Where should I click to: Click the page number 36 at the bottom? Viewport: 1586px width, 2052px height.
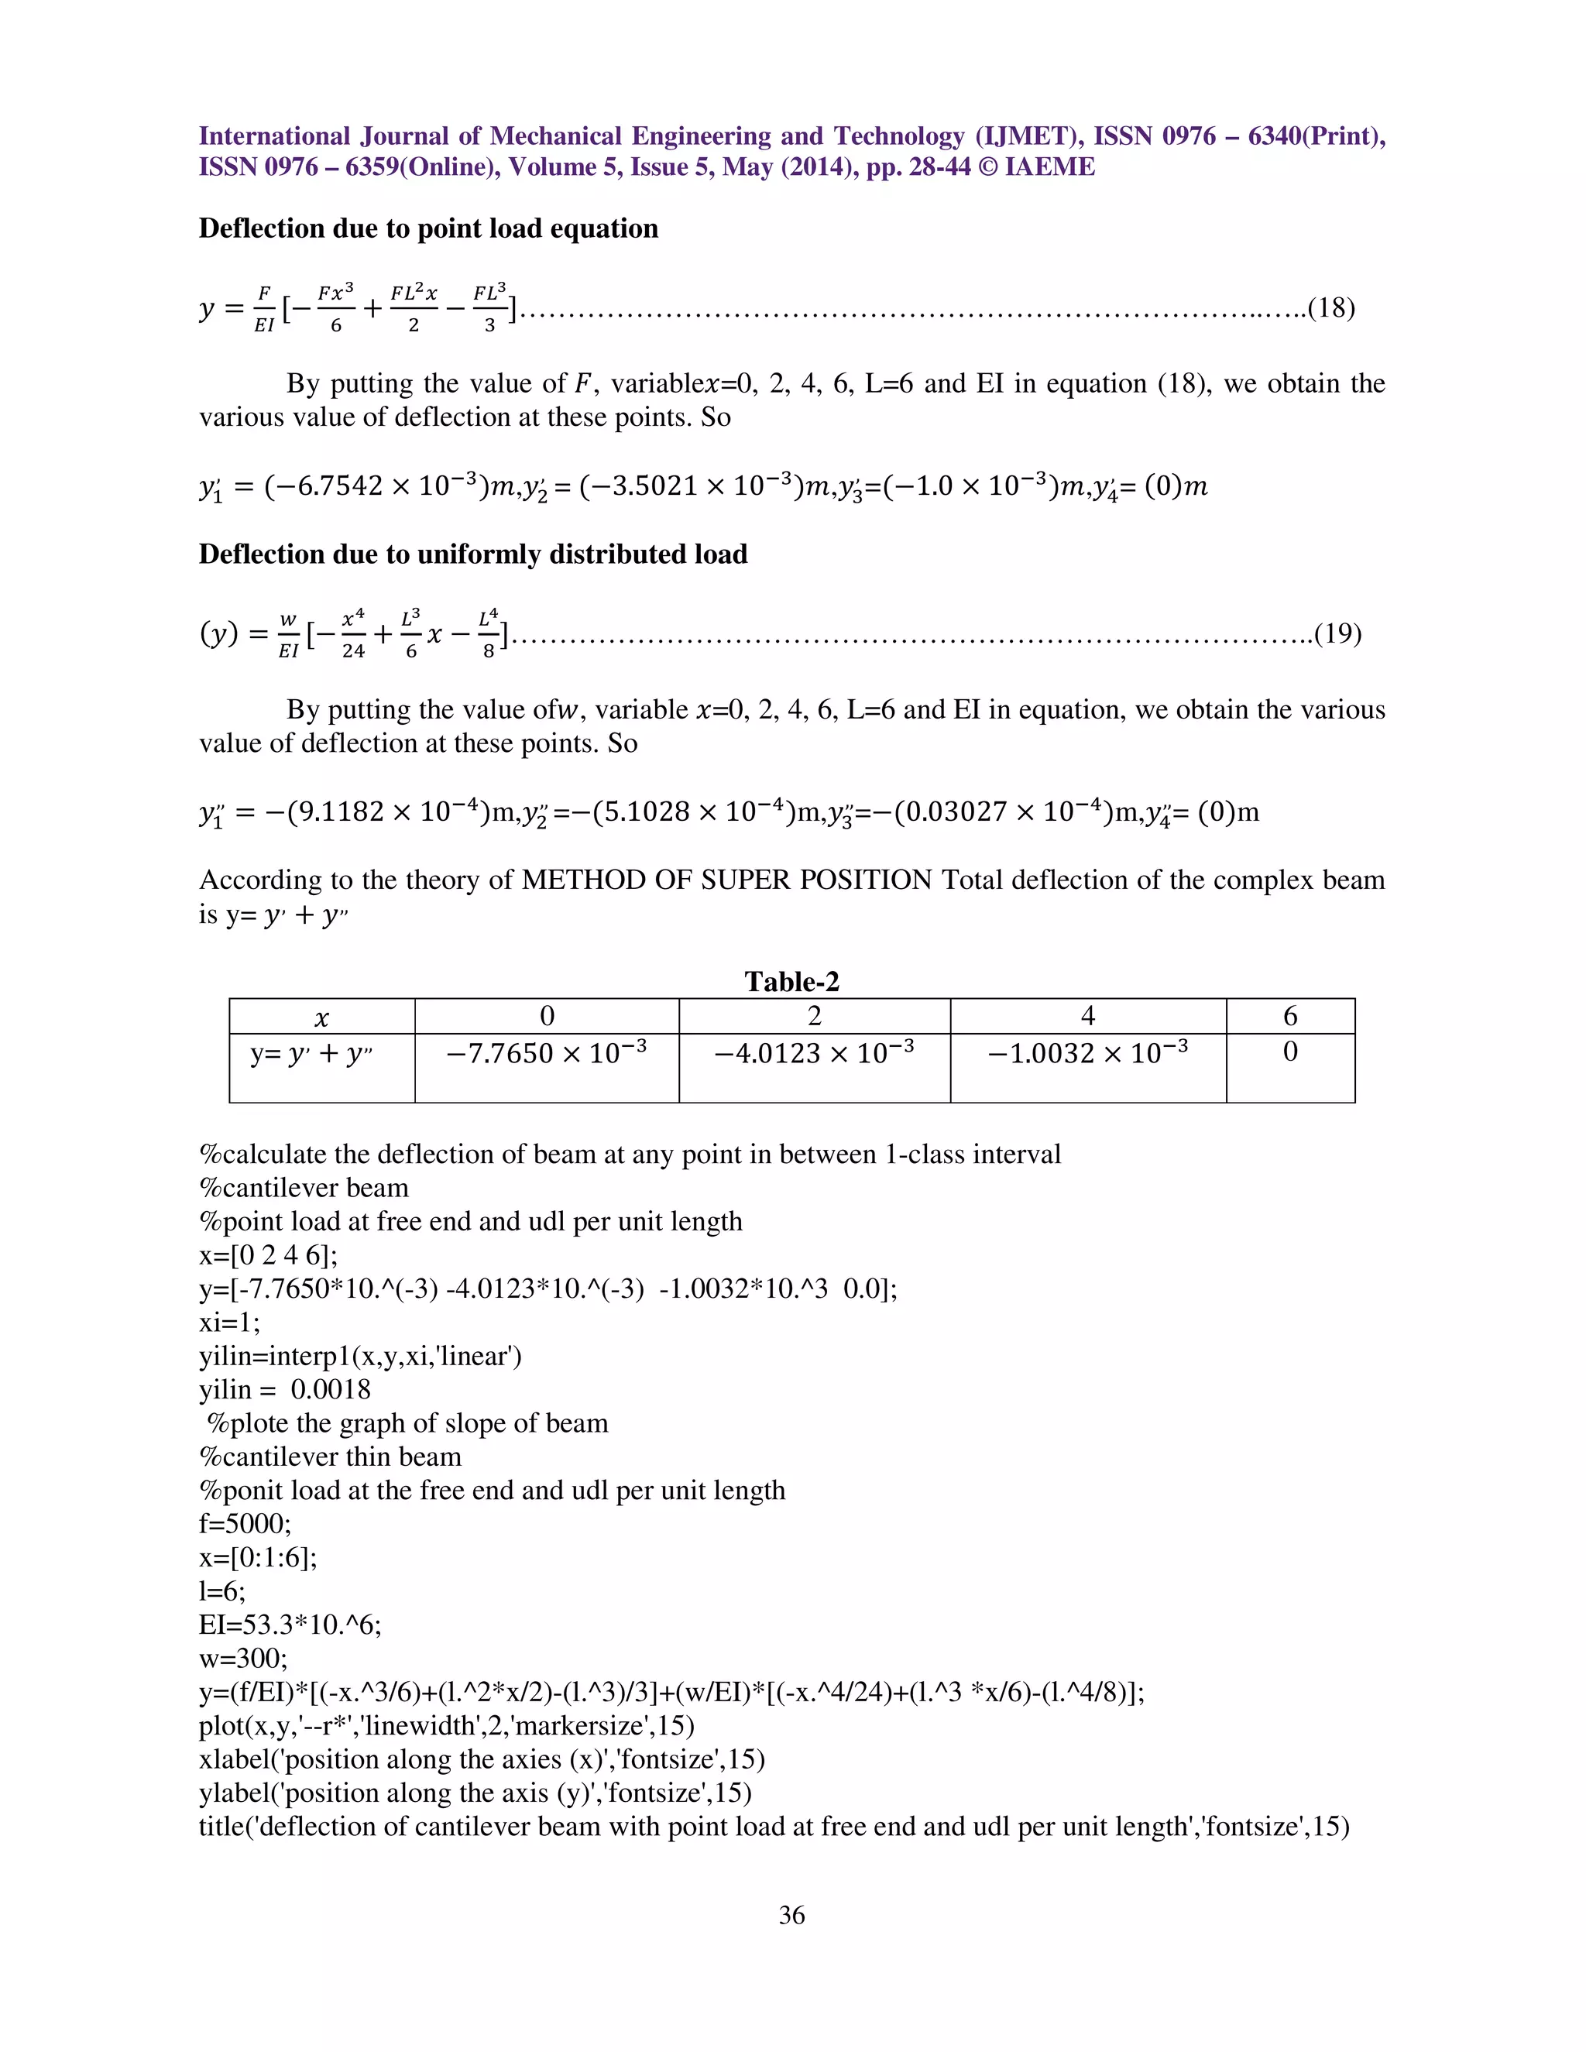[x=791, y=1915]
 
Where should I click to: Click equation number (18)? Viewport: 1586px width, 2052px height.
[x=1330, y=308]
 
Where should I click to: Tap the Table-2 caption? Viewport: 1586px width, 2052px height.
[x=791, y=982]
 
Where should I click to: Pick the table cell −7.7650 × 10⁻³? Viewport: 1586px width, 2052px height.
[x=546, y=1052]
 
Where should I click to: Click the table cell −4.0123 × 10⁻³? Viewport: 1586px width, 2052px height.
[x=814, y=1052]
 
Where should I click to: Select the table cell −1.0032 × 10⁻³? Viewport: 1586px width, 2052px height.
[x=1087, y=1052]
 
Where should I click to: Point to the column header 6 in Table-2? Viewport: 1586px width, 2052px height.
[x=1290, y=1016]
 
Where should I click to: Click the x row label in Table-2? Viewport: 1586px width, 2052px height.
[x=321, y=1017]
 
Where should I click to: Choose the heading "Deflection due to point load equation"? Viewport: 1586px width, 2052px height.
[x=428, y=228]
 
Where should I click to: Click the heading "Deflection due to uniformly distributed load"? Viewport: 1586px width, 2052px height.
[x=472, y=554]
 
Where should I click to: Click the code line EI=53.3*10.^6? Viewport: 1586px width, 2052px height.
[x=290, y=1625]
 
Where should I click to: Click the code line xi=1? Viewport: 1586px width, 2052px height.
[x=229, y=1322]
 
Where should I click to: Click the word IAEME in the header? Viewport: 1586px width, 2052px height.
[x=1049, y=167]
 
